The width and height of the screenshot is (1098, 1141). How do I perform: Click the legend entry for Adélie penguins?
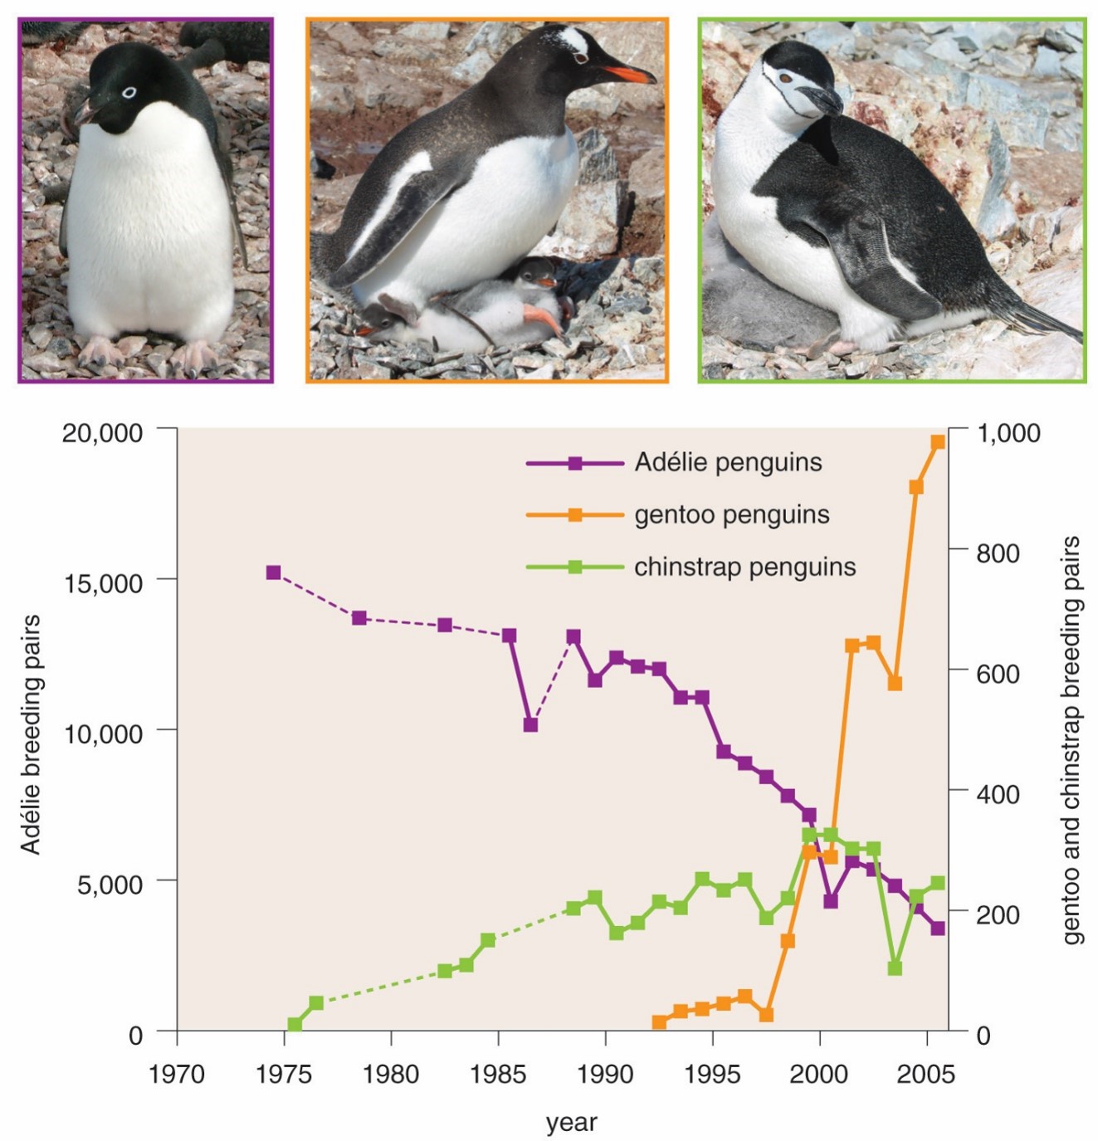pos(674,463)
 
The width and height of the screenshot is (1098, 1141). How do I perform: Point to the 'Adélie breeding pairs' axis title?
pos(31,734)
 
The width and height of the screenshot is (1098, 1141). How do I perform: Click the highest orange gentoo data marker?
pos(938,441)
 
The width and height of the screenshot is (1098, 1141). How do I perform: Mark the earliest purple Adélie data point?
pos(273,573)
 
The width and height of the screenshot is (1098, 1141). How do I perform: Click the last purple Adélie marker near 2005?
pos(938,929)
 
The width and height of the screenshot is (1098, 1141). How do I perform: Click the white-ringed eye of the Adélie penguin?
pos(129,93)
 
